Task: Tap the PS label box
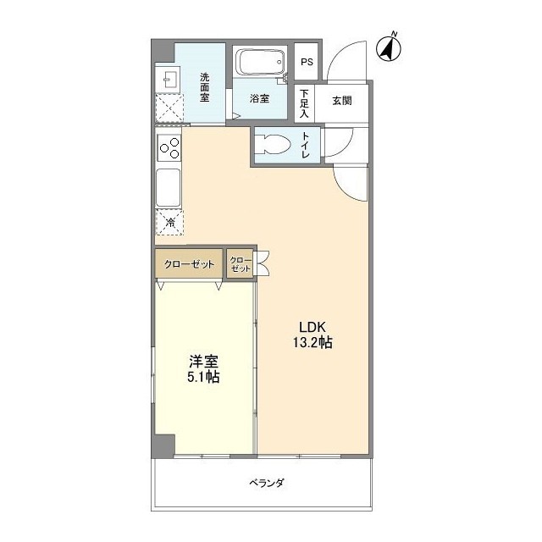[307, 63]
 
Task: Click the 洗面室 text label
[205, 87]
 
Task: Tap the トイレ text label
[306, 146]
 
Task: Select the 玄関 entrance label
[342, 102]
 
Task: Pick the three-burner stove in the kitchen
[169, 148]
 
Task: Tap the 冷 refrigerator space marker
[169, 223]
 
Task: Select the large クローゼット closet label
[189, 264]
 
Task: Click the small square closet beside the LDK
[241, 263]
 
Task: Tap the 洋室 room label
[203, 361]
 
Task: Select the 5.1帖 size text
[203, 378]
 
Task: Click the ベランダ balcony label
[266, 483]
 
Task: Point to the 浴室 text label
[259, 99]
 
